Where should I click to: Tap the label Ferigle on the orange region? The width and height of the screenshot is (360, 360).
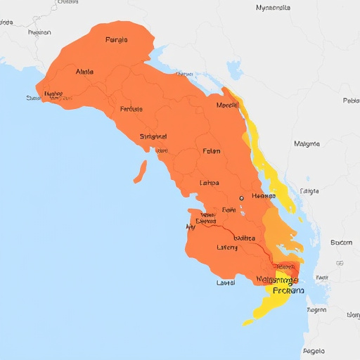pyautogui.click(x=117, y=40)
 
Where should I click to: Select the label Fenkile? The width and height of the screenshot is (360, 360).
pyautogui.click(x=131, y=109)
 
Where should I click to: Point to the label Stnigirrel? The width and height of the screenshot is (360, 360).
pyautogui.click(x=153, y=136)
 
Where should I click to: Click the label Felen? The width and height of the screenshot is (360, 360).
pyautogui.click(x=211, y=150)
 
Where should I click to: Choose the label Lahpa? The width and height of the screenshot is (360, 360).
pyautogui.click(x=210, y=183)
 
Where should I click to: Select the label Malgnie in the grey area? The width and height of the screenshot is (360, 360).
pyautogui.click(x=307, y=143)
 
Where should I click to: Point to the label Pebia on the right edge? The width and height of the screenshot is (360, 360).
pyautogui.click(x=350, y=101)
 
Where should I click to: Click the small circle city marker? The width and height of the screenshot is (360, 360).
pyautogui.click(x=241, y=198)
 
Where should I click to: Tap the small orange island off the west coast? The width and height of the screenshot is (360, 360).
pyautogui.click(x=141, y=171)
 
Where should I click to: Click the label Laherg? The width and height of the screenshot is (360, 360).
pyautogui.click(x=227, y=247)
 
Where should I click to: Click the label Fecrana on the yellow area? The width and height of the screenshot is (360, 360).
pyautogui.click(x=288, y=290)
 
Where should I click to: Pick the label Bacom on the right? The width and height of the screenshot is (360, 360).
pyautogui.click(x=340, y=243)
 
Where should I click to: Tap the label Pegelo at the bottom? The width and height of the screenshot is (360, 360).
pyautogui.click(x=314, y=349)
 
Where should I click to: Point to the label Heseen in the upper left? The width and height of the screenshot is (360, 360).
pyautogui.click(x=39, y=32)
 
